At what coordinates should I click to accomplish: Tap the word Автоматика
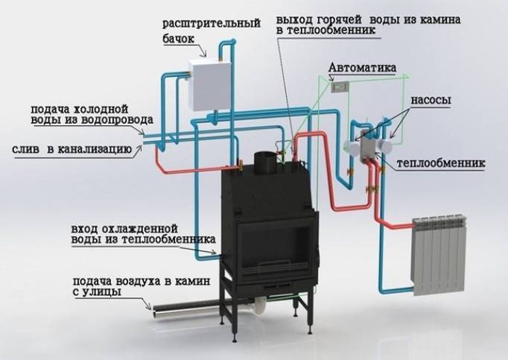362,68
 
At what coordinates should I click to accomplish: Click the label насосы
431,100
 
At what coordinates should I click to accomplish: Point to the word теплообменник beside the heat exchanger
441,162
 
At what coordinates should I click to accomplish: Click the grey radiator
438,255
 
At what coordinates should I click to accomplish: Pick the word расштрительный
212,24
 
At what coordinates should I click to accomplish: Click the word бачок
178,39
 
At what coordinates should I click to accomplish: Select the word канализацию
95,150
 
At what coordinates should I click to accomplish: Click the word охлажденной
140,229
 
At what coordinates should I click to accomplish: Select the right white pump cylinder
385,147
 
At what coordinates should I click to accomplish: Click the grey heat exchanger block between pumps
368,148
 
